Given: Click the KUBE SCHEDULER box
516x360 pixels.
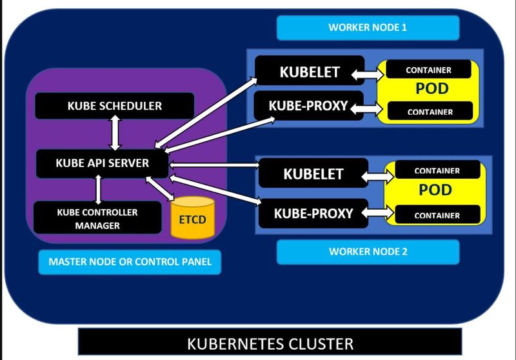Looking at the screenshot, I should tap(114, 105).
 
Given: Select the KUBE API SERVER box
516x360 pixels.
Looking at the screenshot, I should tap(102, 163).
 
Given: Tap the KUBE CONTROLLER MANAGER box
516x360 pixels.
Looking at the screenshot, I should tap(97, 218).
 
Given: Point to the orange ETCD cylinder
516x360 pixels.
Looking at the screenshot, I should tap(192, 219).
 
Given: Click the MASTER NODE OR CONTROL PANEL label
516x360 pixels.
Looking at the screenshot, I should tap(130, 263).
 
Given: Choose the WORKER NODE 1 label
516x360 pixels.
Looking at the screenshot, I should tap(368, 28).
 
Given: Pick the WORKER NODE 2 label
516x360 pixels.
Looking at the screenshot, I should tap(368, 252).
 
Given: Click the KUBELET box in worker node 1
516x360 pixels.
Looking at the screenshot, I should tap(309, 72).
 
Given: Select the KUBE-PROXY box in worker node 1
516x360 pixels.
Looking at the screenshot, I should tap(309, 106).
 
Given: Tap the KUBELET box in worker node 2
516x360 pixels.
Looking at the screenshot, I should tap(313, 174).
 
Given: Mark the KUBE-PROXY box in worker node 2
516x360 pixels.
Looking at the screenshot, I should tap(313, 212).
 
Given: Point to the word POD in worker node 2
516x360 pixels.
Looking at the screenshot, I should tap(436, 190).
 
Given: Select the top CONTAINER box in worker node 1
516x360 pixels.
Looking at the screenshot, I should tap(428, 70).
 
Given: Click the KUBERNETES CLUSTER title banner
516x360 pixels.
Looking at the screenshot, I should tap(270, 343).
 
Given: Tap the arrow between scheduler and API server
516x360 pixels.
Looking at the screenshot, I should tap(115, 135).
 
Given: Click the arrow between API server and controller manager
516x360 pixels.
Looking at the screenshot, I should tap(98, 190).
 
